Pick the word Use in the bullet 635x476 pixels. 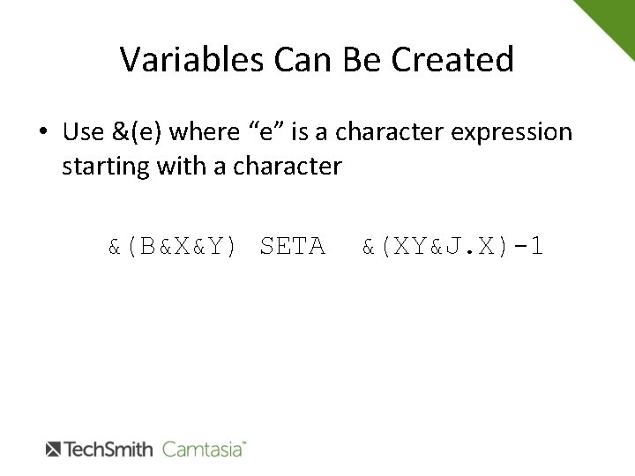pyautogui.click(x=84, y=133)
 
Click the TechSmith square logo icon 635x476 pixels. pyautogui.click(x=52, y=450)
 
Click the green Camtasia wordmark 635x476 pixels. pyautogui.click(x=202, y=450)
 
